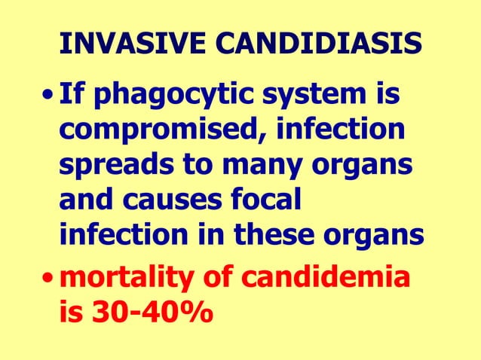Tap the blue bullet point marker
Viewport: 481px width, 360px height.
(x=48, y=99)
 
